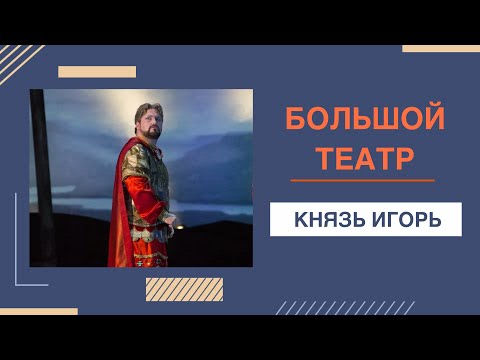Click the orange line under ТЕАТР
362,181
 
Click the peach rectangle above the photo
97,72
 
